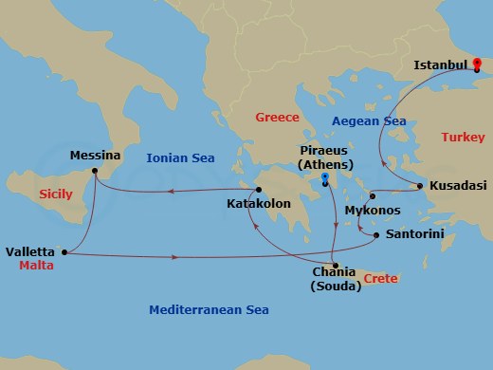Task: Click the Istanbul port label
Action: (x=443, y=65)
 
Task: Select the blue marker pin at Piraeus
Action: (x=325, y=179)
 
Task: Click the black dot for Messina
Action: (x=94, y=172)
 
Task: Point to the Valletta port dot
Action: (x=64, y=252)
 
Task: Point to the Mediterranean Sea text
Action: (x=209, y=310)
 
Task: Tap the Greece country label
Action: (x=277, y=118)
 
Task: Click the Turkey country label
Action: (x=463, y=139)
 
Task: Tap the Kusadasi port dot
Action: (x=418, y=185)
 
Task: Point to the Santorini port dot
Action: (x=376, y=235)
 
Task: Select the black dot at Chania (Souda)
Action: (x=334, y=264)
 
